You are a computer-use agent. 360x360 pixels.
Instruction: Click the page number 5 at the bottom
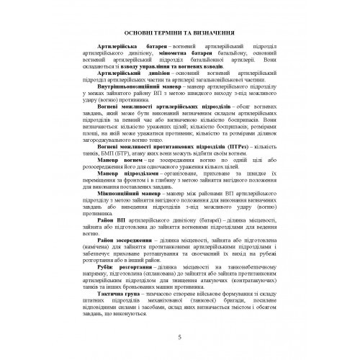click(180, 336)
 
